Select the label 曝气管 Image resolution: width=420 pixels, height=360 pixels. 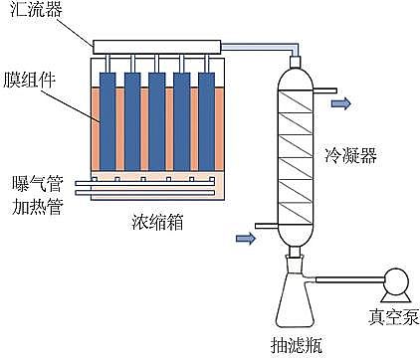(31, 184)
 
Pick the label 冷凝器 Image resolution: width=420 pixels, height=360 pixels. (349, 156)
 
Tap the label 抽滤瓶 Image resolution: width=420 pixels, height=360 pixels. (301, 345)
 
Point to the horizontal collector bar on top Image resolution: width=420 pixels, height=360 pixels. (156, 47)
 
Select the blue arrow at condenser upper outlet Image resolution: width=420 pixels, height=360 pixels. (339, 102)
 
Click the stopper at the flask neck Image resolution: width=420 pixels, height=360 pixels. (296, 262)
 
